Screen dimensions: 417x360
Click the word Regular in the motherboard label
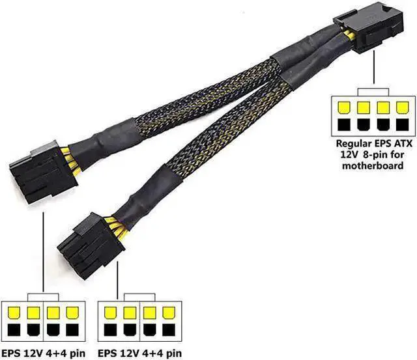point(354,144)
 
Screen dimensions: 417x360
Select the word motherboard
point(373,165)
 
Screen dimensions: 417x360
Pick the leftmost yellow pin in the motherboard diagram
point(344,107)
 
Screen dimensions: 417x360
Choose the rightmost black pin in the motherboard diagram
point(402,124)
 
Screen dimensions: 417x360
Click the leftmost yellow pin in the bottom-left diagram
point(14,313)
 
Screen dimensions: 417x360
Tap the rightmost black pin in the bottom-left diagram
point(72,329)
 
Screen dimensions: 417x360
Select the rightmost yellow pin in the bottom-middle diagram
point(169,313)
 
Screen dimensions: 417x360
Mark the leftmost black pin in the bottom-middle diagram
point(110,329)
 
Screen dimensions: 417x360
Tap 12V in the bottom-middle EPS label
point(130,353)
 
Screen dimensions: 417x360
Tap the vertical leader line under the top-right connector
point(374,67)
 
